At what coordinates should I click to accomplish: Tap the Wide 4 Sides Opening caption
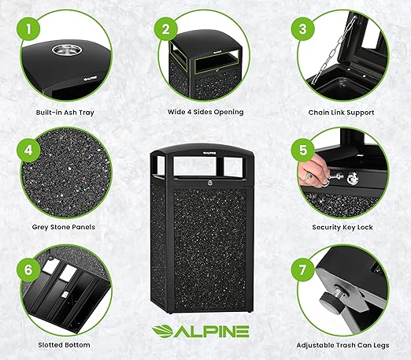click(x=205, y=112)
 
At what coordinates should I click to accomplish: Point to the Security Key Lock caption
click(x=342, y=227)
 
